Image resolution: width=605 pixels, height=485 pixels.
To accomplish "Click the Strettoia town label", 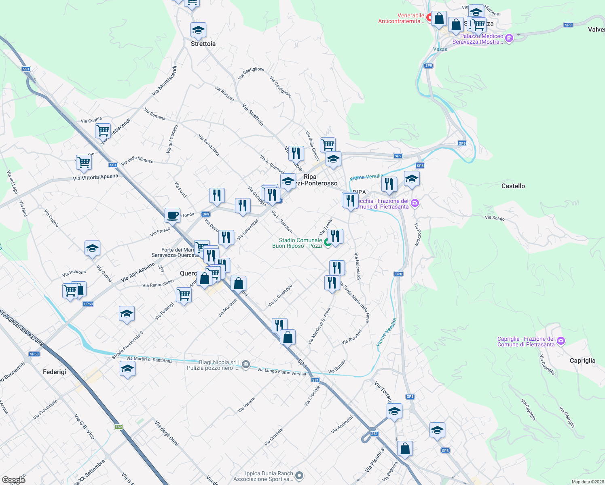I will pyautogui.click(x=203, y=44).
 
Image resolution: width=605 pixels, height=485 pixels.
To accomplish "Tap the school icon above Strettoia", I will pyautogui.click(x=198, y=30).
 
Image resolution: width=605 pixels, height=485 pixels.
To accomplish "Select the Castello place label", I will pyautogui.click(x=513, y=186).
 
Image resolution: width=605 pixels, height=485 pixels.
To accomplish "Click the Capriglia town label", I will pyautogui.click(x=582, y=361).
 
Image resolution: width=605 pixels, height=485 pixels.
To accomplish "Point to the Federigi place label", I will pyautogui.click(x=54, y=372).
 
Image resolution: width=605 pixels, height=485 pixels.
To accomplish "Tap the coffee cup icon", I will pyautogui.click(x=173, y=215).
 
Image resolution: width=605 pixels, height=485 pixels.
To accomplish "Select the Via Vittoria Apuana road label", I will pyautogui.click(x=95, y=177).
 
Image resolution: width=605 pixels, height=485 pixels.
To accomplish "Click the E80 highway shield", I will pyautogui.click(x=118, y=427).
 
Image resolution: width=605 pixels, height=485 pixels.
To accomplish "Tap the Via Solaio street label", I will pyautogui.click(x=495, y=218).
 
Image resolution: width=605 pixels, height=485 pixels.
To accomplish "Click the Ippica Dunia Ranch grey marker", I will pyautogui.click(x=299, y=476).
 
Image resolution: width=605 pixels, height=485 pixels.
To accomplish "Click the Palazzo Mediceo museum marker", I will pyautogui.click(x=509, y=39).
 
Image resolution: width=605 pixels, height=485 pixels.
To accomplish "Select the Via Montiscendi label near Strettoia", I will pyautogui.click(x=164, y=81).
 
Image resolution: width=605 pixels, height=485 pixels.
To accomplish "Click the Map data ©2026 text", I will pyautogui.click(x=586, y=482).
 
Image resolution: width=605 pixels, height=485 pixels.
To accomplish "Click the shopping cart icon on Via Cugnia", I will pyautogui.click(x=103, y=131).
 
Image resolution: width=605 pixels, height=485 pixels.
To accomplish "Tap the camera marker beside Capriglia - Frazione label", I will pyautogui.click(x=561, y=341).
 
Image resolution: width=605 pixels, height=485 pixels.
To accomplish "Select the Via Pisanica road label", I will pyautogui.click(x=374, y=460).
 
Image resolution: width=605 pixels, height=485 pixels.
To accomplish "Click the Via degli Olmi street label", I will pyautogui.click(x=166, y=433).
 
